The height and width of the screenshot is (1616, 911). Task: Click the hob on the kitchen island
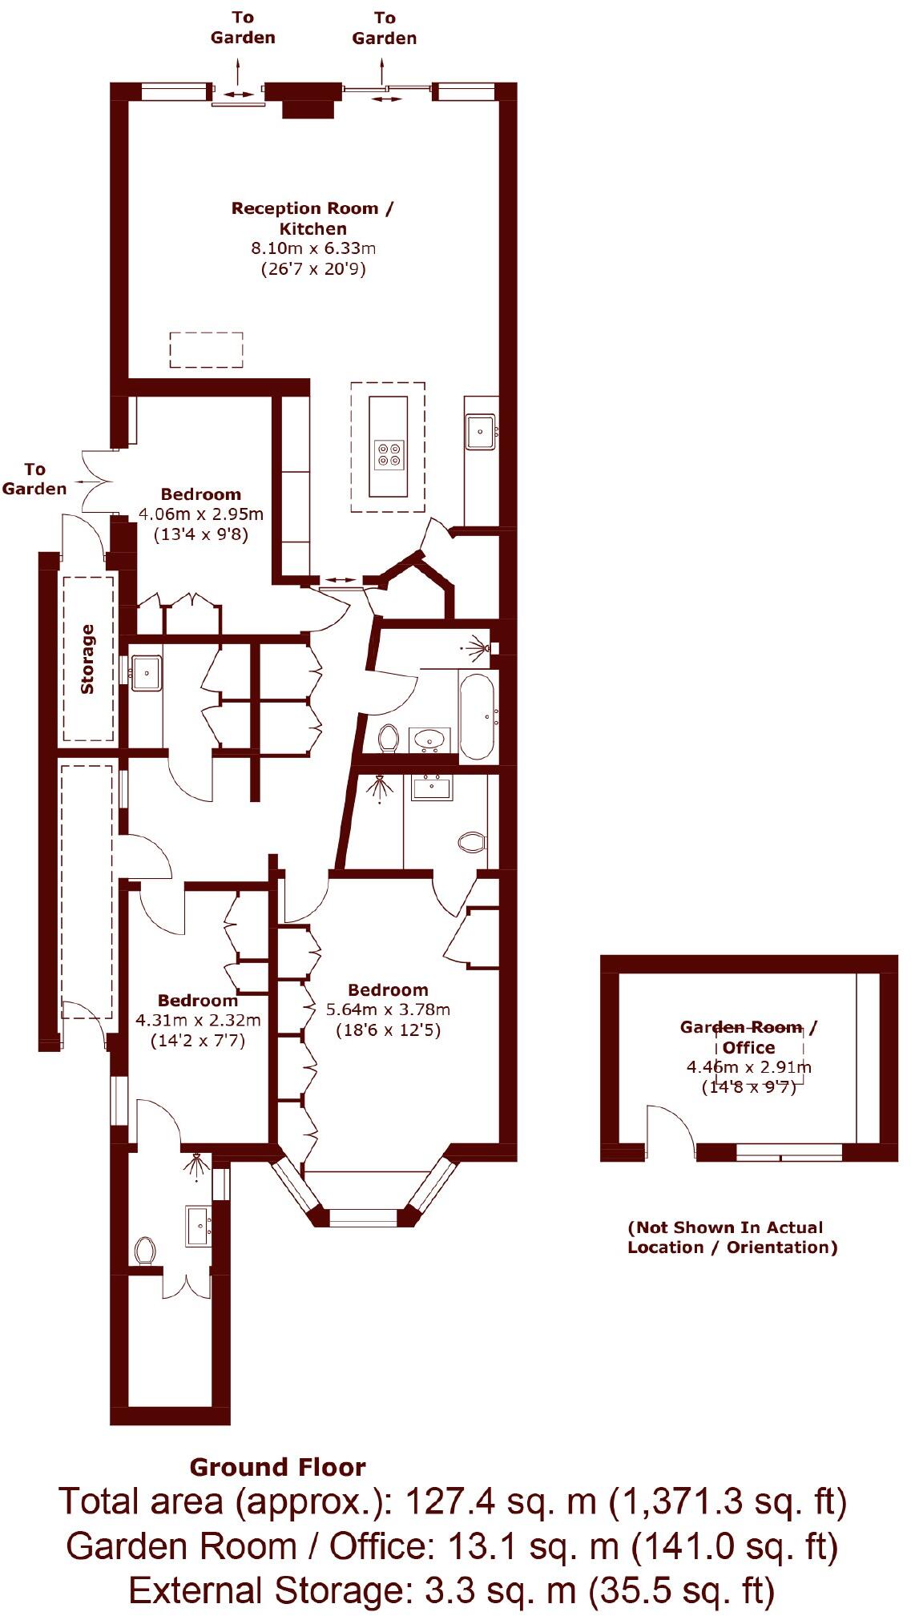(391, 453)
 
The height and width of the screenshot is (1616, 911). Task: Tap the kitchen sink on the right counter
(481, 433)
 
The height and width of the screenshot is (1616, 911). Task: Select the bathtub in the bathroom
(478, 715)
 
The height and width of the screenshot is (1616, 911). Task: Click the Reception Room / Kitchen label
(312, 218)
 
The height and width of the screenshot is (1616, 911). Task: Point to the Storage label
(87, 659)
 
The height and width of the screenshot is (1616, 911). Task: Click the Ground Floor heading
(277, 1467)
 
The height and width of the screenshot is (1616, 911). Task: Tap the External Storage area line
(452, 1590)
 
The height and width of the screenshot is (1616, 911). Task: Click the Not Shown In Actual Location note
(731, 1237)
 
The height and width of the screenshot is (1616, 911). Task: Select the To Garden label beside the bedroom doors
(34, 478)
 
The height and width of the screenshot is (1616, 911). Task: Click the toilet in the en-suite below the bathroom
(472, 842)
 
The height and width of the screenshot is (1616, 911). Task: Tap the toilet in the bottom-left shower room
(145, 1251)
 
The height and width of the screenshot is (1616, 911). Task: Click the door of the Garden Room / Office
(670, 1130)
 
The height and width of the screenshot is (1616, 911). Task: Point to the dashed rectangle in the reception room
(206, 349)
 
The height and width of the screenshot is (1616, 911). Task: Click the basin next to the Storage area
(146, 671)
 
